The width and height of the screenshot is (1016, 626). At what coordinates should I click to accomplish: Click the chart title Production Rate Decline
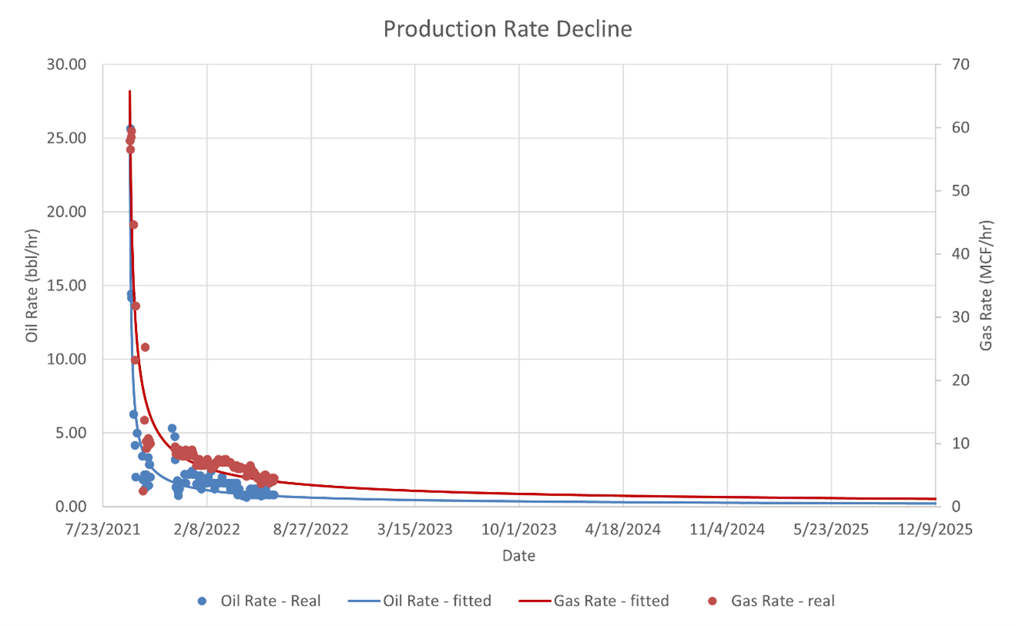tap(508, 29)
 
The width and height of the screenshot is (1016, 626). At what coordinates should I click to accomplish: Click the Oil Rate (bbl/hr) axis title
tap(32, 285)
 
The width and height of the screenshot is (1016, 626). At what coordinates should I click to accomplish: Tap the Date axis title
tap(518, 556)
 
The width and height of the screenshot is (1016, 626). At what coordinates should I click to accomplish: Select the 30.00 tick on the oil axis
tap(68, 64)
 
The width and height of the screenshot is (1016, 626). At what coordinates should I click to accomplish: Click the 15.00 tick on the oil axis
tap(68, 285)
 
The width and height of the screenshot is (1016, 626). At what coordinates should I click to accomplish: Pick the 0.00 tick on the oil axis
tap(72, 507)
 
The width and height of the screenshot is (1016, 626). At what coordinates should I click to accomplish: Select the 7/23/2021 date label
tap(103, 530)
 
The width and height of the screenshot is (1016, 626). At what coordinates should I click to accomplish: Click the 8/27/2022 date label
tap(311, 530)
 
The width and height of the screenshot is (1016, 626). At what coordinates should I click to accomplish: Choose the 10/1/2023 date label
tap(519, 530)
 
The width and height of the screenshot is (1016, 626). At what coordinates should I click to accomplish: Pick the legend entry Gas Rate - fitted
tap(611, 602)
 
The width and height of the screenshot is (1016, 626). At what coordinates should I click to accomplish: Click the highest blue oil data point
tap(130, 129)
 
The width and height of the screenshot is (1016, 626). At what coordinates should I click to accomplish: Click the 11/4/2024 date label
tap(727, 530)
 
